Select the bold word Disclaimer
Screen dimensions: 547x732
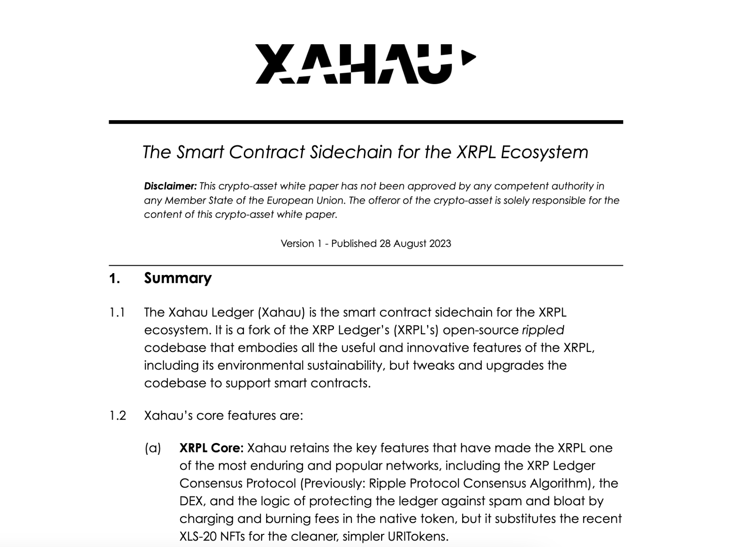click(x=170, y=186)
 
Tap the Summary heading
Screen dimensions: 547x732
click(x=178, y=278)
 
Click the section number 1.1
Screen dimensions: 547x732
click(x=117, y=312)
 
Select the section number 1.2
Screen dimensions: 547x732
click(x=117, y=416)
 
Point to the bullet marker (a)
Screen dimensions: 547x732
click(x=153, y=448)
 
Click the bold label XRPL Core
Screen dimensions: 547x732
click(x=211, y=448)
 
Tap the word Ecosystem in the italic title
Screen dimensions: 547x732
click(x=544, y=152)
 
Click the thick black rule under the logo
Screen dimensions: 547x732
click(x=366, y=122)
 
